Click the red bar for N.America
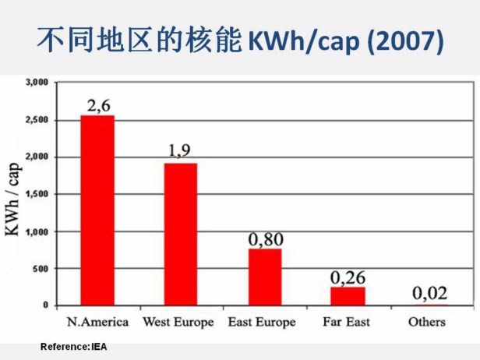pyautogui.click(x=97, y=210)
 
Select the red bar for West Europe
pyautogui.click(x=180, y=234)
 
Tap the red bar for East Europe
pyautogui.click(x=265, y=277)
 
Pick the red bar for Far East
pyautogui.click(x=348, y=296)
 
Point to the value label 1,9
pyautogui.click(x=179, y=151)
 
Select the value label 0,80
pyautogui.click(x=265, y=239)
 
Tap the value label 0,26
pyautogui.click(x=348, y=277)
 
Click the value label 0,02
pyautogui.click(x=429, y=294)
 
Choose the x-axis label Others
pyautogui.click(x=429, y=321)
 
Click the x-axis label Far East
pyautogui.click(x=347, y=321)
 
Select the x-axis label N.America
pyautogui.click(x=98, y=321)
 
